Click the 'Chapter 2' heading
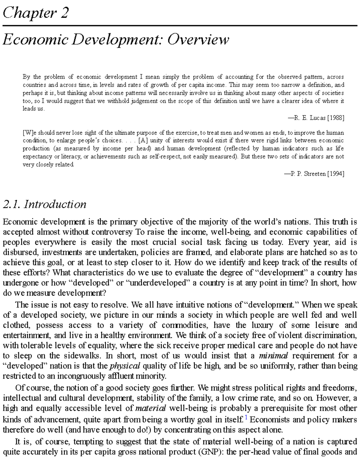36,13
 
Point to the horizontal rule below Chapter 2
180,26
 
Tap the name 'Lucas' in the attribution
317,118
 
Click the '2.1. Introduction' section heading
44,204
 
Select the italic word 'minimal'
273,356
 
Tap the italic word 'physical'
125,366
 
